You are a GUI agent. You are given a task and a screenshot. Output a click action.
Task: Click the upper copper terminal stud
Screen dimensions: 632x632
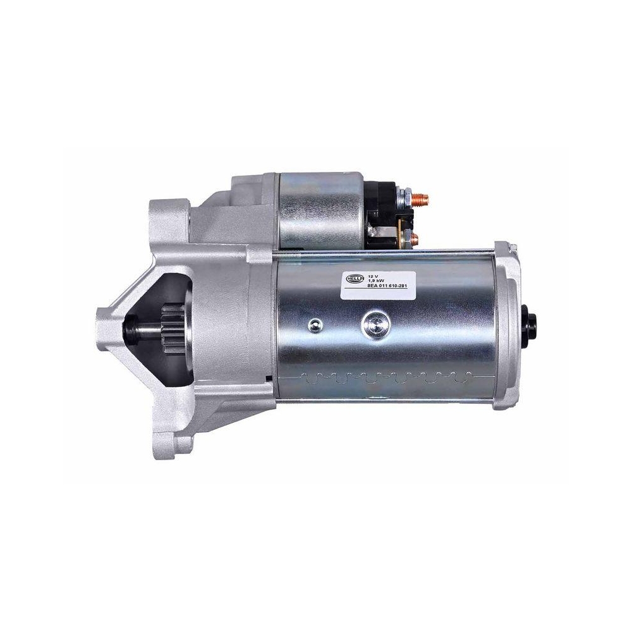tap(422, 198)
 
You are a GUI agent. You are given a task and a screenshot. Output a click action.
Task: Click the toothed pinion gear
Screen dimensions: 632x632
tap(172, 329)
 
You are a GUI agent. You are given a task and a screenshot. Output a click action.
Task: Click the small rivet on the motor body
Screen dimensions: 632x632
tap(313, 326)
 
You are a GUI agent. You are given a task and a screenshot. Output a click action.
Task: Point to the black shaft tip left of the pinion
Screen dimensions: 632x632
tap(140, 329)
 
